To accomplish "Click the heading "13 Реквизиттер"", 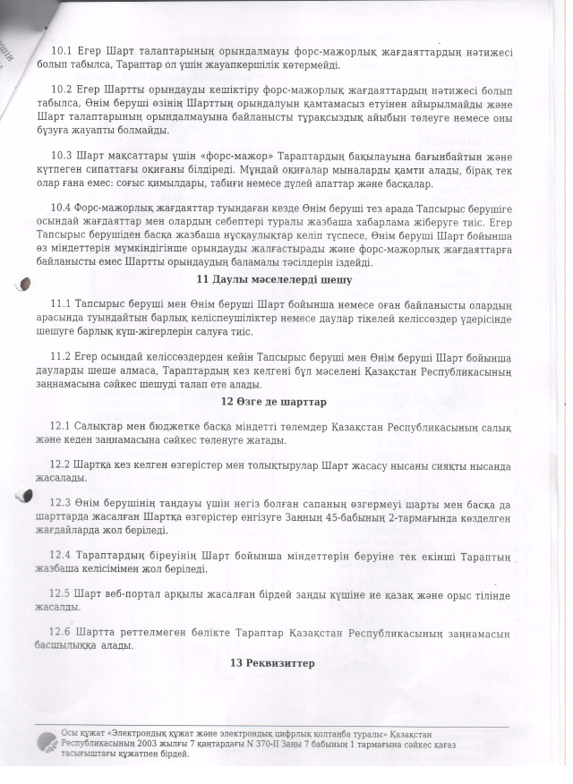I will [x=272, y=663].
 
